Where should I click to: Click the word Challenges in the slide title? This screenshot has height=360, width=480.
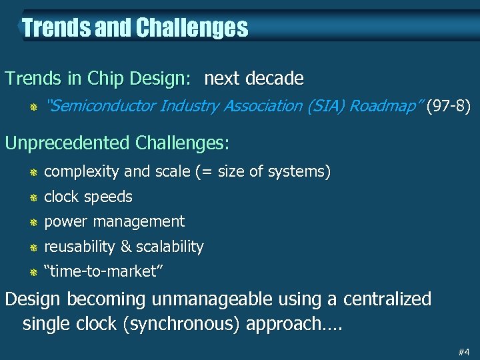tap(192, 28)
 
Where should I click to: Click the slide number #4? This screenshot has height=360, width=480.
tap(463, 351)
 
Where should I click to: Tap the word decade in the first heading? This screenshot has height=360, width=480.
tap(275, 79)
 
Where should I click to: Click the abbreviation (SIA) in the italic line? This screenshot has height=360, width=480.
tap(319, 105)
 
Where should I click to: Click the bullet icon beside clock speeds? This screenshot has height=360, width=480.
tap(31, 197)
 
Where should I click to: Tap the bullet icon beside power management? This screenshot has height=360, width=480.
tap(31, 222)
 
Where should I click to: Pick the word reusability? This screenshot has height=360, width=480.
tap(79, 247)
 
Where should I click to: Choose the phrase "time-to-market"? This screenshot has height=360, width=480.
tap(104, 271)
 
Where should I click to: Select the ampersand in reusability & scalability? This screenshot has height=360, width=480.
tap(125, 247)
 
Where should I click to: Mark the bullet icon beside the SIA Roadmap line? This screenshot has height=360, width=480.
tap(31, 106)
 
